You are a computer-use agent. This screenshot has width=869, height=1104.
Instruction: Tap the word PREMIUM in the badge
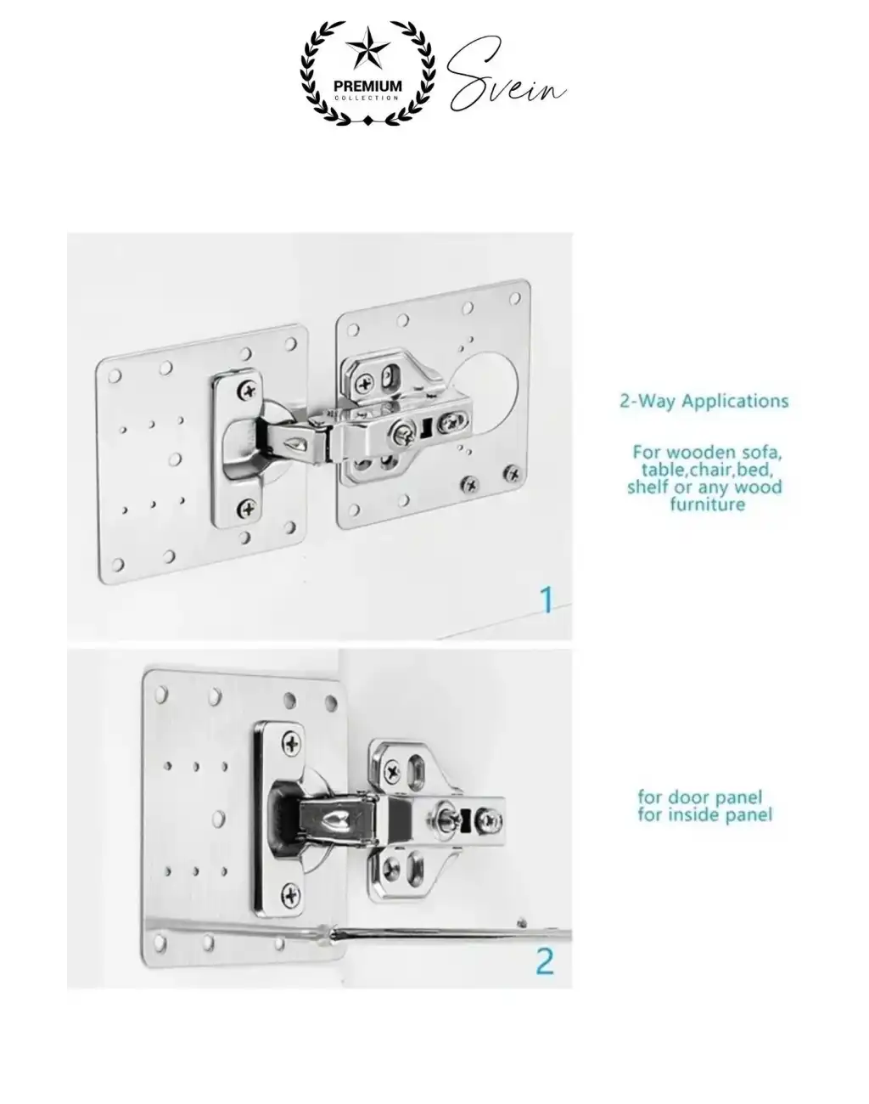(x=367, y=86)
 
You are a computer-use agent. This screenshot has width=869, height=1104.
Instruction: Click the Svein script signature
(x=507, y=76)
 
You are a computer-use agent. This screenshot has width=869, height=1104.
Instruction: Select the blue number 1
(x=547, y=600)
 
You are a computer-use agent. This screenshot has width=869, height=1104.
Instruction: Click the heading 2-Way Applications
(x=704, y=401)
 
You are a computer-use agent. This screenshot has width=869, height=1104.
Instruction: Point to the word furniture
(x=707, y=504)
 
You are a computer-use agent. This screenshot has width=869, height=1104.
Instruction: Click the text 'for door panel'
(x=700, y=797)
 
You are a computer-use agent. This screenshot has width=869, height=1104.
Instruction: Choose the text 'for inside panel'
(x=705, y=814)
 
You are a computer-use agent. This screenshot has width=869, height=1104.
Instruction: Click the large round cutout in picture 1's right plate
(x=487, y=394)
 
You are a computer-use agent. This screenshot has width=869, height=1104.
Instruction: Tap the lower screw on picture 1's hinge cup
(x=247, y=509)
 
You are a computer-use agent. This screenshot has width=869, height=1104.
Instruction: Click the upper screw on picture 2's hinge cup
(x=292, y=743)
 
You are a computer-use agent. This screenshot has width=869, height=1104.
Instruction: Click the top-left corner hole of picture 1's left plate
(x=115, y=376)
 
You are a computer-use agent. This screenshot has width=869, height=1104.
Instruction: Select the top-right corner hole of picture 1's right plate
(x=514, y=299)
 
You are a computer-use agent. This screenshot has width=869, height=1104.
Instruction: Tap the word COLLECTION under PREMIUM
(x=367, y=98)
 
